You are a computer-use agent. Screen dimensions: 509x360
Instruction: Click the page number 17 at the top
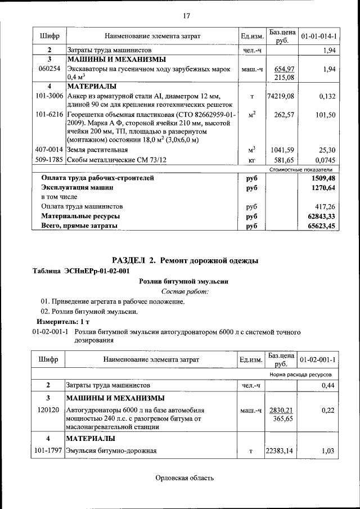point(187,15)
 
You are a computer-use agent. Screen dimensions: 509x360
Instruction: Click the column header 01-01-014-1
point(318,37)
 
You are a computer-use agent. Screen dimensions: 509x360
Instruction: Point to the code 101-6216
point(49,115)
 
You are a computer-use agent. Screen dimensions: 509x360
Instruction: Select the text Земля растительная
point(97,150)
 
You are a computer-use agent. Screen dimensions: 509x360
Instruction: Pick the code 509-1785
point(49,160)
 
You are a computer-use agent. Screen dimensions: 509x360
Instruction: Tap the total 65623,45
point(321,226)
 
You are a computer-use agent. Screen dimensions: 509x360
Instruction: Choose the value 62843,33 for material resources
point(321,216)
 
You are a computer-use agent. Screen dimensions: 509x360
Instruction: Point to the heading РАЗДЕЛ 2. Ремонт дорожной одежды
point(185,260)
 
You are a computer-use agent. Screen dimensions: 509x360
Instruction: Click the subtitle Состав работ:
point(185,291)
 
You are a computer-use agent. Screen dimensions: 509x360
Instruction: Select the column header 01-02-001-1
point(318,359)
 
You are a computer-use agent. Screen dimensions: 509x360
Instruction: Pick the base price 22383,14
point(281,451)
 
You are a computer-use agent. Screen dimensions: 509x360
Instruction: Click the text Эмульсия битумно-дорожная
point(111,451)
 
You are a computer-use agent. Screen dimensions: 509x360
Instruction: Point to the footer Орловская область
point(185,478)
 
